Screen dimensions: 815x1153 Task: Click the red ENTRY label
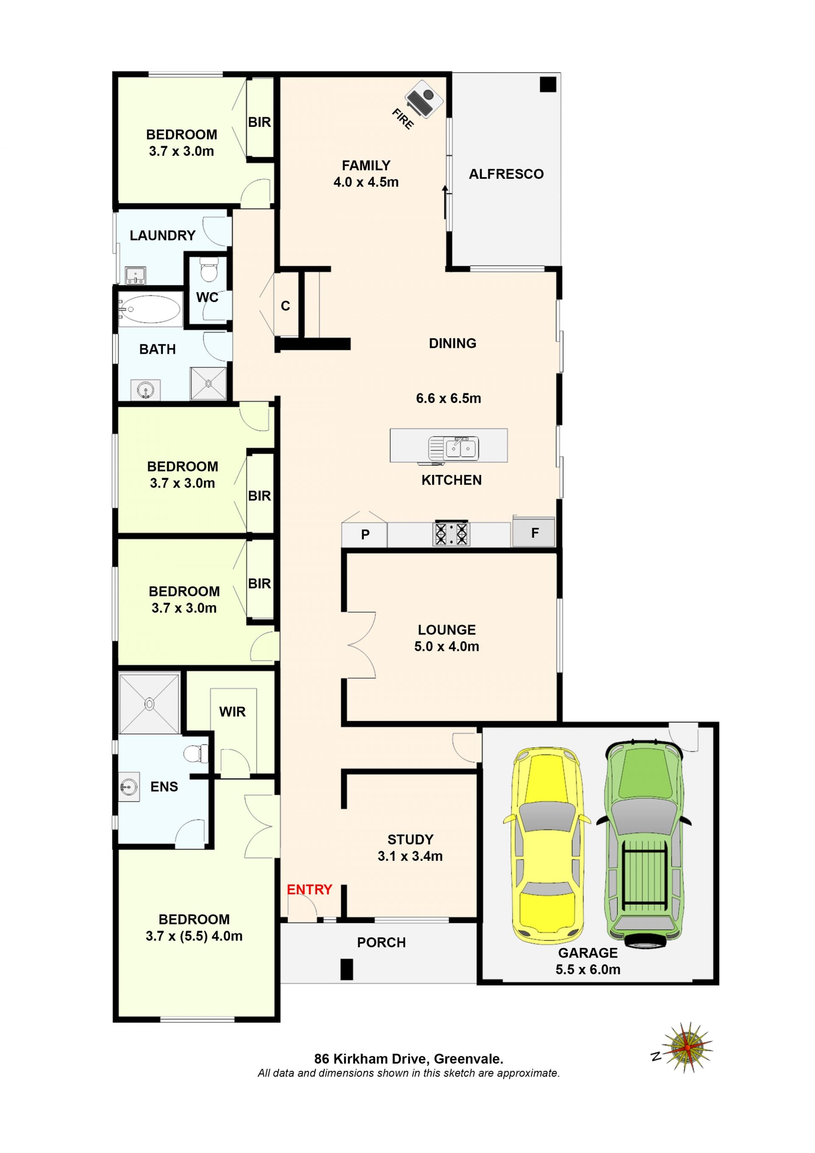point(309,889)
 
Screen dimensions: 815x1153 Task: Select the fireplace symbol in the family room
point(424,99)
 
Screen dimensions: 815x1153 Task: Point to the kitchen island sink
point(453,448)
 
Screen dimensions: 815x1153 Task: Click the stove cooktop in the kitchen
point(451,533)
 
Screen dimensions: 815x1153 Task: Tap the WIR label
point(232,712)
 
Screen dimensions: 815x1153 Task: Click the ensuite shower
point(149,703)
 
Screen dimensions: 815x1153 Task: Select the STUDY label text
point(410,839)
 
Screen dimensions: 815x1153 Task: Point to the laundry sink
point(135,276)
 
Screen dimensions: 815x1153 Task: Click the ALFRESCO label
point(506,174)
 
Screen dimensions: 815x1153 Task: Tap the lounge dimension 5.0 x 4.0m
point(447,646)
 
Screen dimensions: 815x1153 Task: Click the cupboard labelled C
point(286,305)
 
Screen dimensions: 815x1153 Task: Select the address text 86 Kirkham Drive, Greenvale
point(408,1059)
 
